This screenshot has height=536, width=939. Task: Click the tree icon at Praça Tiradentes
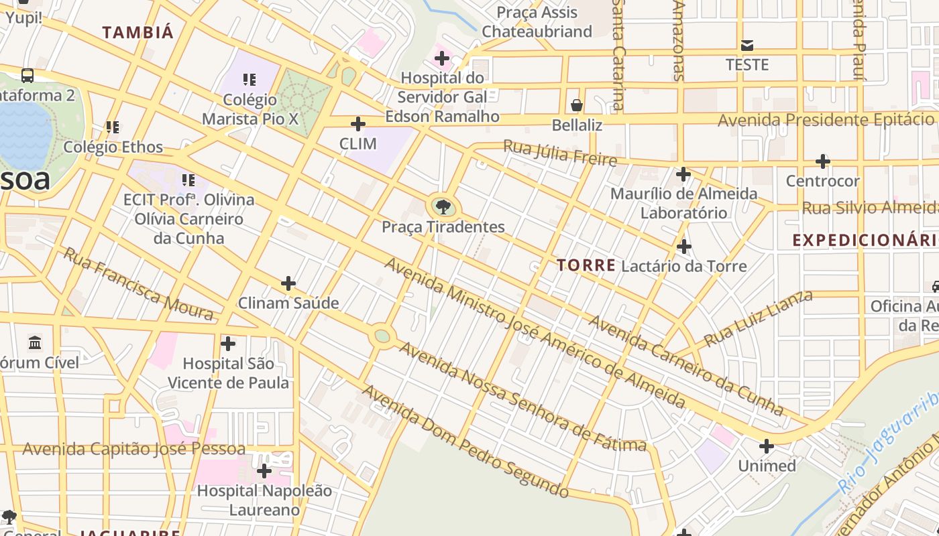coord(443,206)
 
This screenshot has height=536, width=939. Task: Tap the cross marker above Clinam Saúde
coord(288,283)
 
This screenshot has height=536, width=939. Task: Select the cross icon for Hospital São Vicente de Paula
coord(228,344)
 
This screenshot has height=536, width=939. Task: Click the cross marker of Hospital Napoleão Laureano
coord(264,471)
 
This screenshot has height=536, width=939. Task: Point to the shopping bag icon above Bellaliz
coord(577,105)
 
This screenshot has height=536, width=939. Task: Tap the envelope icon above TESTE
coord(747,46)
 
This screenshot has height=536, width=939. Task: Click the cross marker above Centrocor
coord(823,161)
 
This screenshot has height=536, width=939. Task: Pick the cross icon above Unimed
coord(767,446)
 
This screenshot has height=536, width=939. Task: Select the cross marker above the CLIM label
coord(358,124)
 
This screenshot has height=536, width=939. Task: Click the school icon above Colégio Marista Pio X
coord(250,80)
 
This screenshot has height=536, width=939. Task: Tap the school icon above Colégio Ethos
coord(113,127)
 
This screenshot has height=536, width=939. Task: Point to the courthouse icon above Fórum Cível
coord(35,344)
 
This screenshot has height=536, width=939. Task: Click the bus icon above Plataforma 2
coord(27,76)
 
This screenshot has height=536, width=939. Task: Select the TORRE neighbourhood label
coord(586,265)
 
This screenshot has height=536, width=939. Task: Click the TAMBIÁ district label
coord(137,32)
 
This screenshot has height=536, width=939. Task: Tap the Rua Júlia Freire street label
coord(560,153)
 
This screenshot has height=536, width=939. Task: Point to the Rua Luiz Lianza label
coord(759,318)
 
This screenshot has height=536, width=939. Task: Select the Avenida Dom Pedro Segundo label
coord(466,442)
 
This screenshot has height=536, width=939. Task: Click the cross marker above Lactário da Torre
coord(684,247)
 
